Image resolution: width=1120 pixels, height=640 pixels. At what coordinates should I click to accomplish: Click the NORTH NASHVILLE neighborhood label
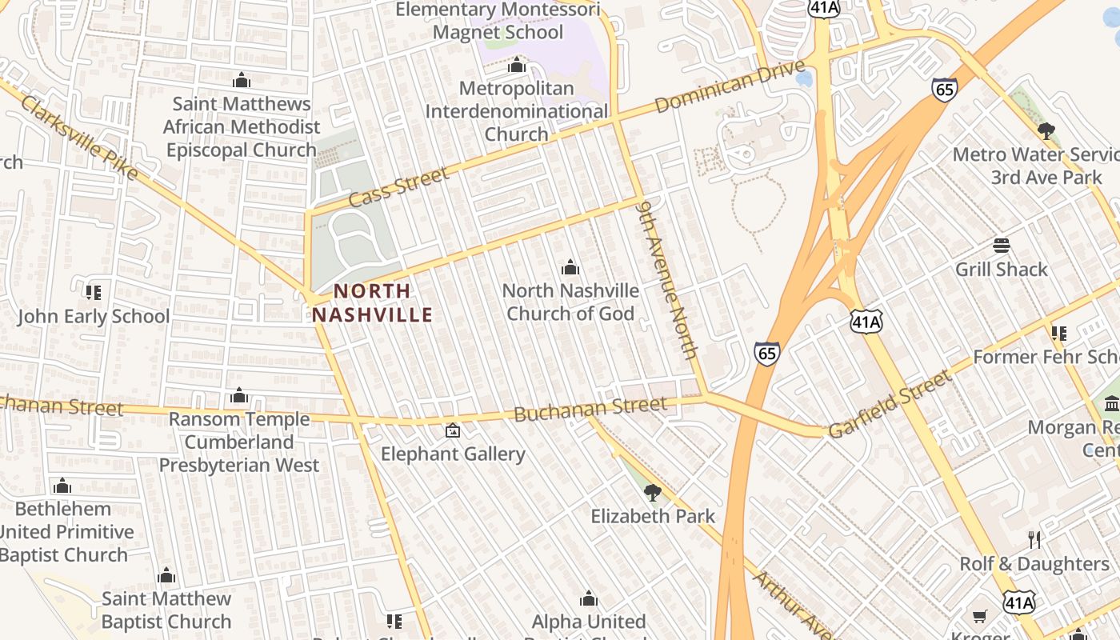[372, 302]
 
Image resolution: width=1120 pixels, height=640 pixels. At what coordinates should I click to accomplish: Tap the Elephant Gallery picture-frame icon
[452, 430]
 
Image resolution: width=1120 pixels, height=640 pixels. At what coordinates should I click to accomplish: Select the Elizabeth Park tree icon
[653, 492]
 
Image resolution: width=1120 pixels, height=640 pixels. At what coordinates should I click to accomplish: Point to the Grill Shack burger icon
[1001, 245]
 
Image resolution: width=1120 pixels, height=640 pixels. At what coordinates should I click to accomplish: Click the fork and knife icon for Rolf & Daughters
[1034, 540]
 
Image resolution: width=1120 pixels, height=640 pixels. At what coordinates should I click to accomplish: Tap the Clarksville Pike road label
[80, 138]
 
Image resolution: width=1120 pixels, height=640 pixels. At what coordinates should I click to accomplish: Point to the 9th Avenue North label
[668, 279]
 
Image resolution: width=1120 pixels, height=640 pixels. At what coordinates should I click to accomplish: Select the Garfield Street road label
[890, 404]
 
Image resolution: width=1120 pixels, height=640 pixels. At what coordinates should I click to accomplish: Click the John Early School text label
[94, 317]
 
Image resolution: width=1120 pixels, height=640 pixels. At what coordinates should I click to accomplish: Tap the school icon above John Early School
[94, 293]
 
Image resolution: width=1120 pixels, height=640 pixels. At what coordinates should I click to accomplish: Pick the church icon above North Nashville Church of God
[570, 267]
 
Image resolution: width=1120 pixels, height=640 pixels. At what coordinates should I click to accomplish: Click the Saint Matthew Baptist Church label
[166, 610]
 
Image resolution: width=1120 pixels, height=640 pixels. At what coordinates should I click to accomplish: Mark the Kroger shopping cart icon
[980, 616]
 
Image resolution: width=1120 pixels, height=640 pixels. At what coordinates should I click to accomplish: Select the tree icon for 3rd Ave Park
[1046, 130]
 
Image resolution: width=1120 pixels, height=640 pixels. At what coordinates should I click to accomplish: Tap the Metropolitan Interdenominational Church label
[517, 111]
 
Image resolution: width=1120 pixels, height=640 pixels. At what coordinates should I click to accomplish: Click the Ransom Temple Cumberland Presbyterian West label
[239, 442]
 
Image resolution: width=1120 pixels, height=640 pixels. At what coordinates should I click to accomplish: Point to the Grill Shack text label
[1001, 270]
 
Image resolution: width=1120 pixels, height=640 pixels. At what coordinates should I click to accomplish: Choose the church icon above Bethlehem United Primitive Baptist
[62, 486]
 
